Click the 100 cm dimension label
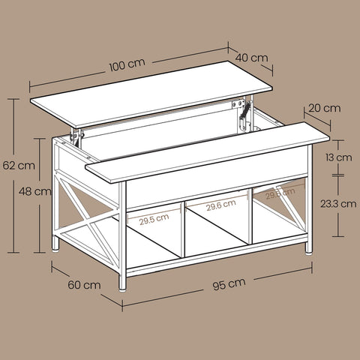click(x=125, y=65)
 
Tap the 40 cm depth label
click(x=253, y=57)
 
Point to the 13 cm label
click(x=343, y=158)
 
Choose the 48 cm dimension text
click(x=31, y=191)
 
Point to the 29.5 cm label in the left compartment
click(x=154, y=220)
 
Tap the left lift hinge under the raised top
click(x=76, y=138)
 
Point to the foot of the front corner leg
click(x=121, y=285)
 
